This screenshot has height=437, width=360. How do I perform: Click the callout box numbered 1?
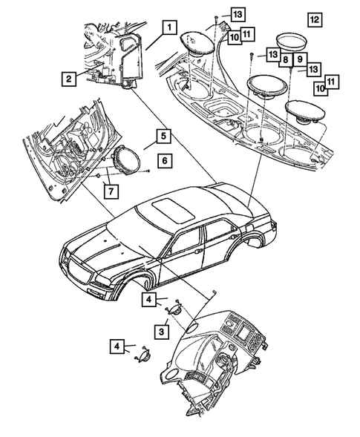(x=170, y=28)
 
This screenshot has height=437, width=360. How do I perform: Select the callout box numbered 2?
(x=68, y=78)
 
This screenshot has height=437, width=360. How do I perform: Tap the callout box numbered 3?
(x=160, y=329)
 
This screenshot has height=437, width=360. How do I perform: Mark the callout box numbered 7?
(x=110, y=191)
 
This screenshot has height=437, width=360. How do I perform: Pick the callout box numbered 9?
(x=301, y=58)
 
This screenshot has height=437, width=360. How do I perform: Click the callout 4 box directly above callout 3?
(x=149, y=300)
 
